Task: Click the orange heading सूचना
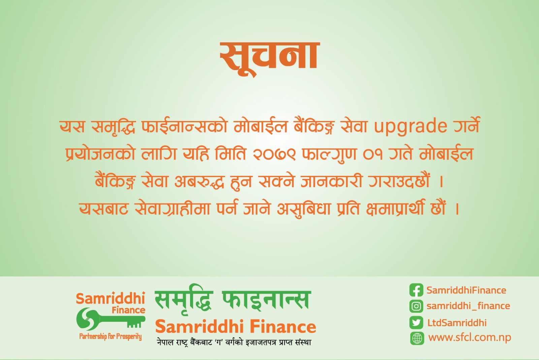click(x=270, y=59)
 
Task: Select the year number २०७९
click(x=274, y=154)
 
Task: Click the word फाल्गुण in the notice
click(x=329, y=154)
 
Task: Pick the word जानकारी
click(x=331, y=181)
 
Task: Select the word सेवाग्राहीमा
click(x=172, y=207)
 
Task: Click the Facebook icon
click(x=416, y=290)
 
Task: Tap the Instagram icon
click(x=416, y=306)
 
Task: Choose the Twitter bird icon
click(x=416, y=323)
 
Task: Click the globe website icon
click(x=417, y=338)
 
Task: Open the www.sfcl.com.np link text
click(x=470, y=338)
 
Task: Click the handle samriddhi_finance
click(x=468, y=306)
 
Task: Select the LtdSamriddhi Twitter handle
click(x=457, y=323)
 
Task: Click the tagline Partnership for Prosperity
click(x=110, y=336)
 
